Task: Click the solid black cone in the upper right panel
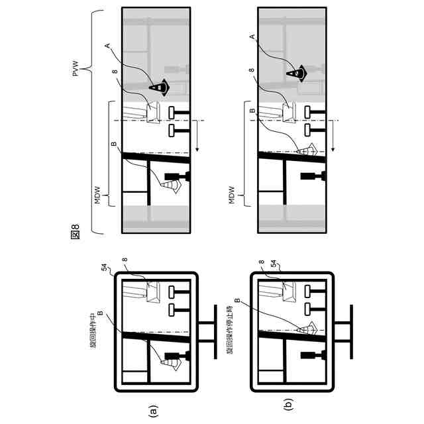[158, 86]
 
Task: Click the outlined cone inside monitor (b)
[306, 329]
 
